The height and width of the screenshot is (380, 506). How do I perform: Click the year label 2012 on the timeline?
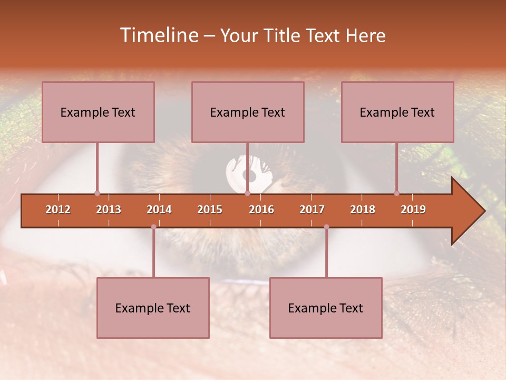58,210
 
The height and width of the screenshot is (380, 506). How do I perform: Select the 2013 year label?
109,210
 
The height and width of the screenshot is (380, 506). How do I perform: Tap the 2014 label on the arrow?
159,210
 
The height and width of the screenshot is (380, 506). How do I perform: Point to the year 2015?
210,210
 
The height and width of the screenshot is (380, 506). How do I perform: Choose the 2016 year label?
261,210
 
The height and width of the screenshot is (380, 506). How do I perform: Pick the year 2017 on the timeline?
312,210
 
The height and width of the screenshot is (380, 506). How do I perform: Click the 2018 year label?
363,210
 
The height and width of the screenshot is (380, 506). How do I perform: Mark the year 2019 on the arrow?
413,210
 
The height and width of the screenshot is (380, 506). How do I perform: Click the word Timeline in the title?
159,35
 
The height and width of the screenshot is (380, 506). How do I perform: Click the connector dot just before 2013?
97,193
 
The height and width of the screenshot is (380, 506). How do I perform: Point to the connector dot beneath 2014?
153,227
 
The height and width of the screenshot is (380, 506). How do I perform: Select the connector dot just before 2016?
247,193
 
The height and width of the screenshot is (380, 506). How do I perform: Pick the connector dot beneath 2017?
326,227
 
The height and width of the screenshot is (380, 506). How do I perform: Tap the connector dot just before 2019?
396,193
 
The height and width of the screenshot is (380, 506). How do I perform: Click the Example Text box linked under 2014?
153,308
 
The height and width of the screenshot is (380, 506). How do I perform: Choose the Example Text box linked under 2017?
326,308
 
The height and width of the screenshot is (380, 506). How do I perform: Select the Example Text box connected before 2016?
248,112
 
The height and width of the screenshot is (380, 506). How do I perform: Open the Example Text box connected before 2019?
397,112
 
